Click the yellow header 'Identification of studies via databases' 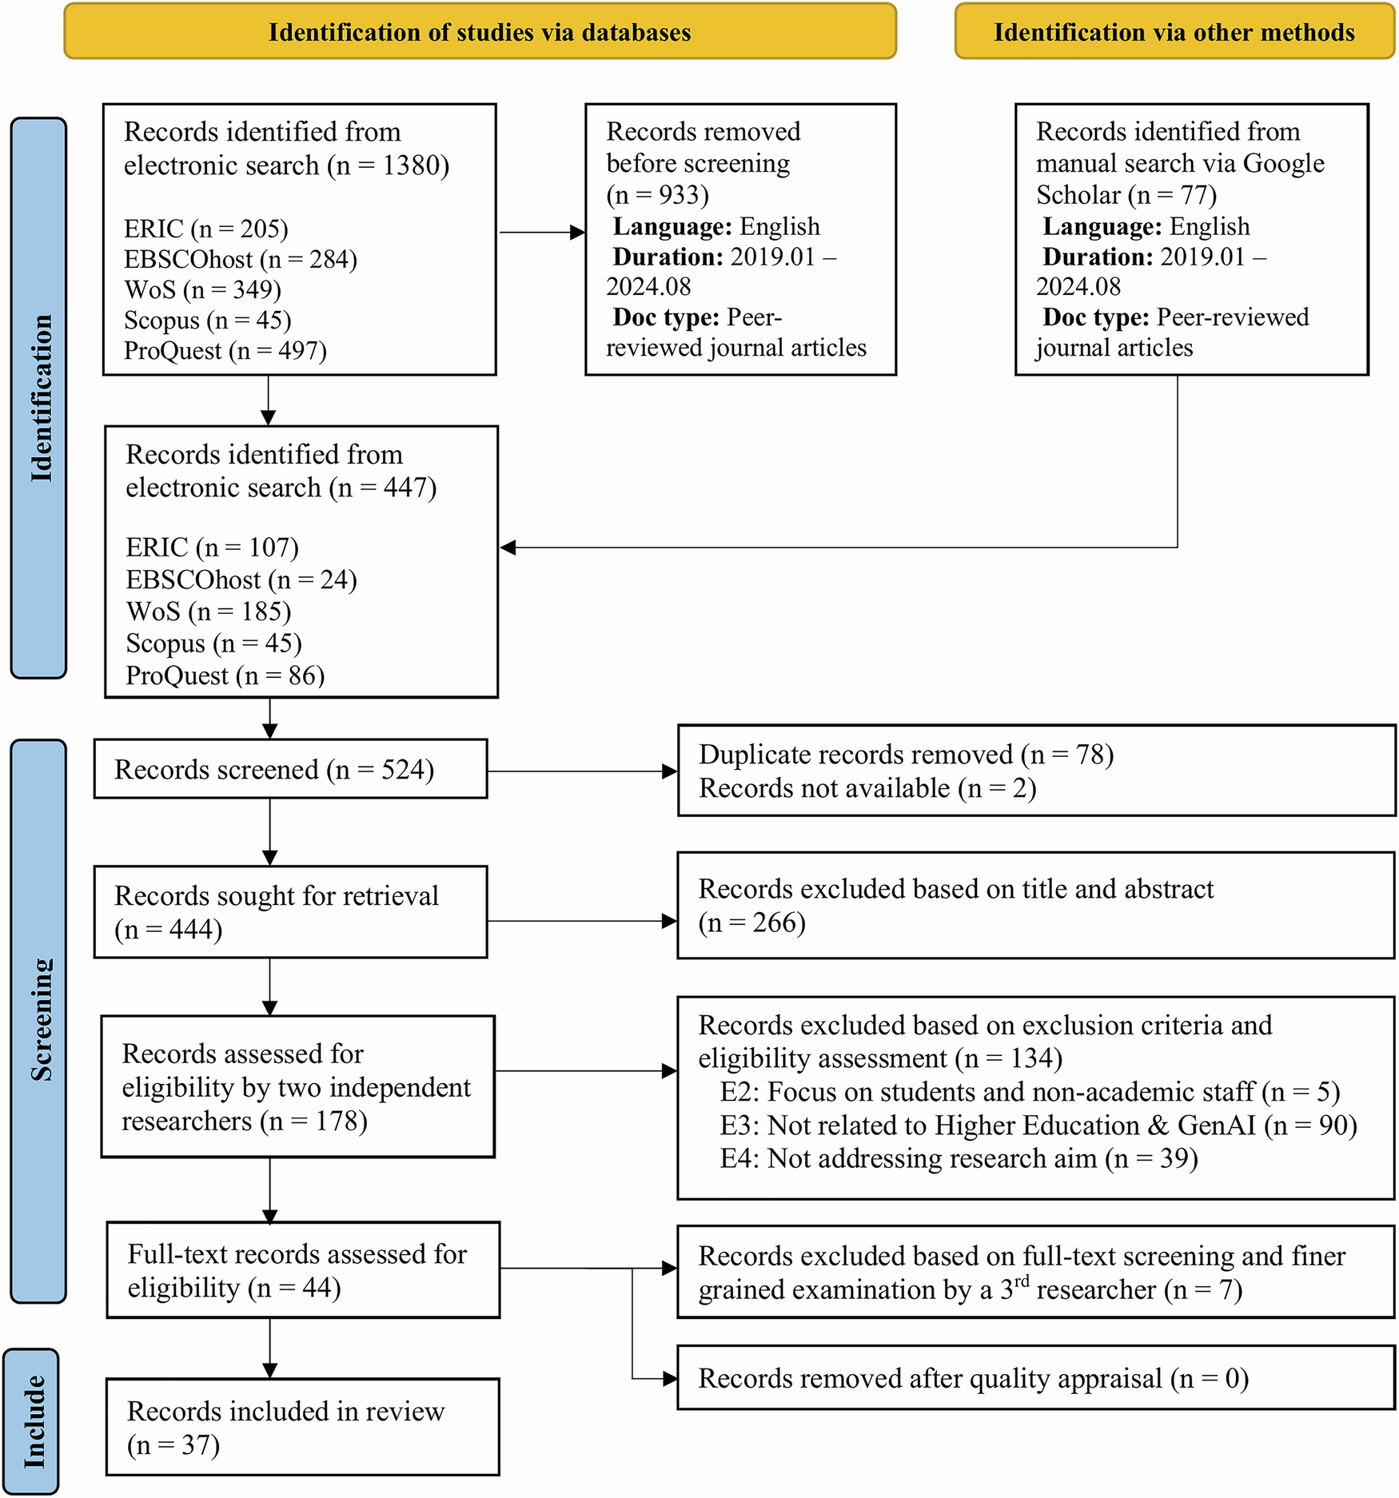pyautogui.click(x=480, y=32)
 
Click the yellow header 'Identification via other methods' pyautogui.click(x=1174, y=32)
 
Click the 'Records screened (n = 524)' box pyautogui.click(x=290, y=769)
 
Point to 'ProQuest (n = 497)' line pyautogui.click(x=225, y=350)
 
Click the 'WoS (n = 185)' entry pyautogui.click(x=208, y=612)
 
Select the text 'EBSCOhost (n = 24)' pyautogui.click(x=241, y=580)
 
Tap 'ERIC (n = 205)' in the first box pyautogui.click(x=205, y=229)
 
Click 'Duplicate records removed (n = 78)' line pyautogui.click(x=905, y=754)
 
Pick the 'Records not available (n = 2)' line pyautogui.click(x=867, y=788)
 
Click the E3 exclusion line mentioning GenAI pyautogui.click(x=1038, y=1125)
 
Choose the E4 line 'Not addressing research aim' pyautogui.click(x=958, y=1158)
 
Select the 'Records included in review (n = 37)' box pyautogui.click(x=302, y=1427)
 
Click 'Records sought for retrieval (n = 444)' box pyautogui.click(x=290, y=912)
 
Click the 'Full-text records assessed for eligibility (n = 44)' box pyautogui.click(x=303, y=1270)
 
